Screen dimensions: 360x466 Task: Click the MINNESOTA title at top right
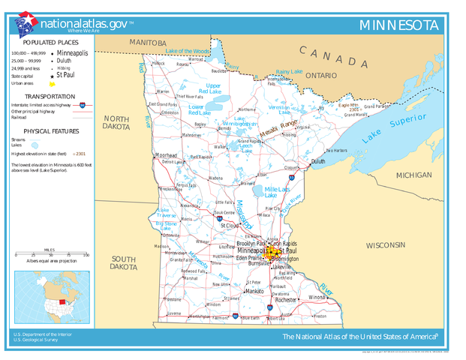coord(398,25)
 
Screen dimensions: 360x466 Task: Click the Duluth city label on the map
coord(318,161)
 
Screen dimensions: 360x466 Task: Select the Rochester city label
coord(285,299)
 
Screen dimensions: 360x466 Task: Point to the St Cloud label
coord(229,225)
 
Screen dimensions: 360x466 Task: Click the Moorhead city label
coord(165,155)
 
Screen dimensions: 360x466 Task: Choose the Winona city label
coord(317,297)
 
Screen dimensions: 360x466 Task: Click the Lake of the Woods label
coord(188,51)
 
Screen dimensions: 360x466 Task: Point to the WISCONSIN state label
coord(385,245)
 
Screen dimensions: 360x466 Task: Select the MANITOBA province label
coord(147,43)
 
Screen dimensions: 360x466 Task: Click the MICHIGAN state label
coord(413,175)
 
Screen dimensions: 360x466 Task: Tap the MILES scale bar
coord(50,254)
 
